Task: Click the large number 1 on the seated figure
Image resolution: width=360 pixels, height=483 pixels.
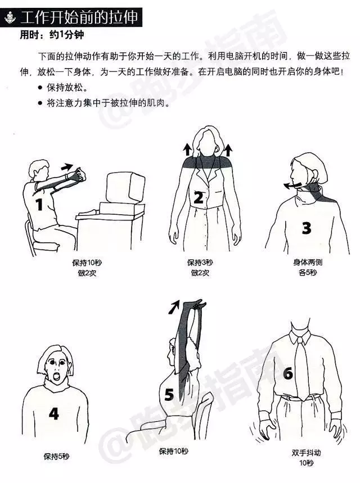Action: click(x=39, y=205)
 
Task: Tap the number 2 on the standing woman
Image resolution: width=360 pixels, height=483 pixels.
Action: click(x=199, y=197)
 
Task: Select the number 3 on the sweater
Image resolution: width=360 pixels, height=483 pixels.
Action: click(x=306, y=228)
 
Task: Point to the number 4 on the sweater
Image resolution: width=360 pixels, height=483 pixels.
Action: click(x=53, y=413)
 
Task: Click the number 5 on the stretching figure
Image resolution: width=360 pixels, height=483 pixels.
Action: click(x=169, y=394)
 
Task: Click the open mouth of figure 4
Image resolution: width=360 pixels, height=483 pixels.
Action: click(x=57, y=377)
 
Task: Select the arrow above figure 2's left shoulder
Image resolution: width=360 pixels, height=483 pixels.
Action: click(x=187, y=150)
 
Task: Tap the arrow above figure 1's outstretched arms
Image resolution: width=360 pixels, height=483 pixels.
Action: click(x=67, y=167)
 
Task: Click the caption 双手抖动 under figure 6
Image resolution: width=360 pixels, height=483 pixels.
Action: click(x=306, y=453)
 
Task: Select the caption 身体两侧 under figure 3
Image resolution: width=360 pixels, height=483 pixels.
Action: click(x=308, y=262)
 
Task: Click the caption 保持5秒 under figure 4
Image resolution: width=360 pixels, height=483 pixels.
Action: click(x=56, y=456)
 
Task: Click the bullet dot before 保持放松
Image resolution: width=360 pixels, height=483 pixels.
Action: click(x=39, y=88)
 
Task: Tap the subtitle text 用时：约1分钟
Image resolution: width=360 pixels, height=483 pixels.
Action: click(x=52, y=35)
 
